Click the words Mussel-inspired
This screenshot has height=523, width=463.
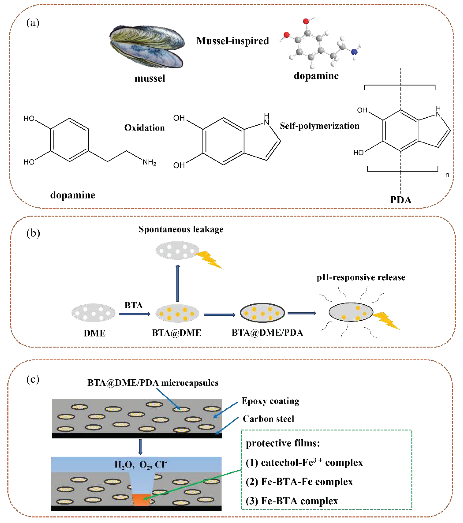coord(232,41)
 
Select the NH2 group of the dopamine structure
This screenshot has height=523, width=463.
coord(149,162)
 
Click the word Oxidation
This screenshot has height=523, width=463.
coord(144,128)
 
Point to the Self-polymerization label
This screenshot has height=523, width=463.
coord(319,126)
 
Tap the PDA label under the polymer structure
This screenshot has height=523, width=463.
coord(401,200)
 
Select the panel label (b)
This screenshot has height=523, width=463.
coord(33,233)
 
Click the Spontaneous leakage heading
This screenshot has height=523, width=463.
coord(181,229)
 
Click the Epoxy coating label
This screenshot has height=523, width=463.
coord(271,401)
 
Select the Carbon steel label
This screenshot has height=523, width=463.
coord(268,419)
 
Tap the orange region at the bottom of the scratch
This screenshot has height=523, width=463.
coord(141,499)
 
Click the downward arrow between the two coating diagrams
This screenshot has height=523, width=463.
coord(140,447)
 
